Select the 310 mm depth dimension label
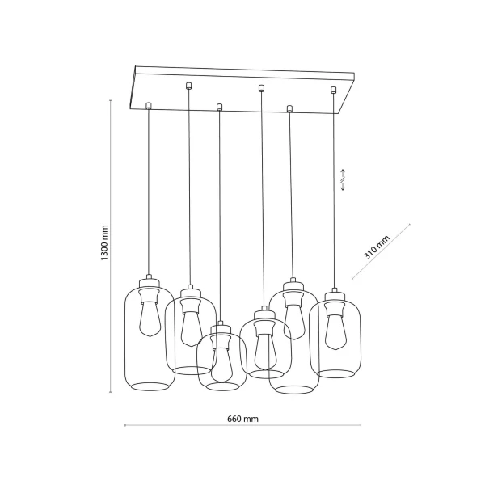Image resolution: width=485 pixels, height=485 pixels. (x=376, y=245)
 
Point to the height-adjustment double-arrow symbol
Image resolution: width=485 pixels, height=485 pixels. (x=342, y=179)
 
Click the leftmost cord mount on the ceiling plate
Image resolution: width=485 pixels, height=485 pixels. (x=148, y=104)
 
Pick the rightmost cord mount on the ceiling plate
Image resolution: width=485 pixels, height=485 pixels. (x=333, y=88)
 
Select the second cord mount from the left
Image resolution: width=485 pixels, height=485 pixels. (x=188, y=85)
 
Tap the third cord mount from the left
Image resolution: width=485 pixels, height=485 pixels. (x=219, y=105)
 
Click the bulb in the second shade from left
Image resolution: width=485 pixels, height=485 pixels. (x=190, y=325)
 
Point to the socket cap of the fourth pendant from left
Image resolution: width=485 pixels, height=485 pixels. (x=261, y=313)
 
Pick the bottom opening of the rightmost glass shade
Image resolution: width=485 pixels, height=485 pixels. (x=335, y=373)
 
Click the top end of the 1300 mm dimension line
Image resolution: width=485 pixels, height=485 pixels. (x=112, y=99)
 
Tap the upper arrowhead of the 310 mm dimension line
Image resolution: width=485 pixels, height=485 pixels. (x=410, y=224)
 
